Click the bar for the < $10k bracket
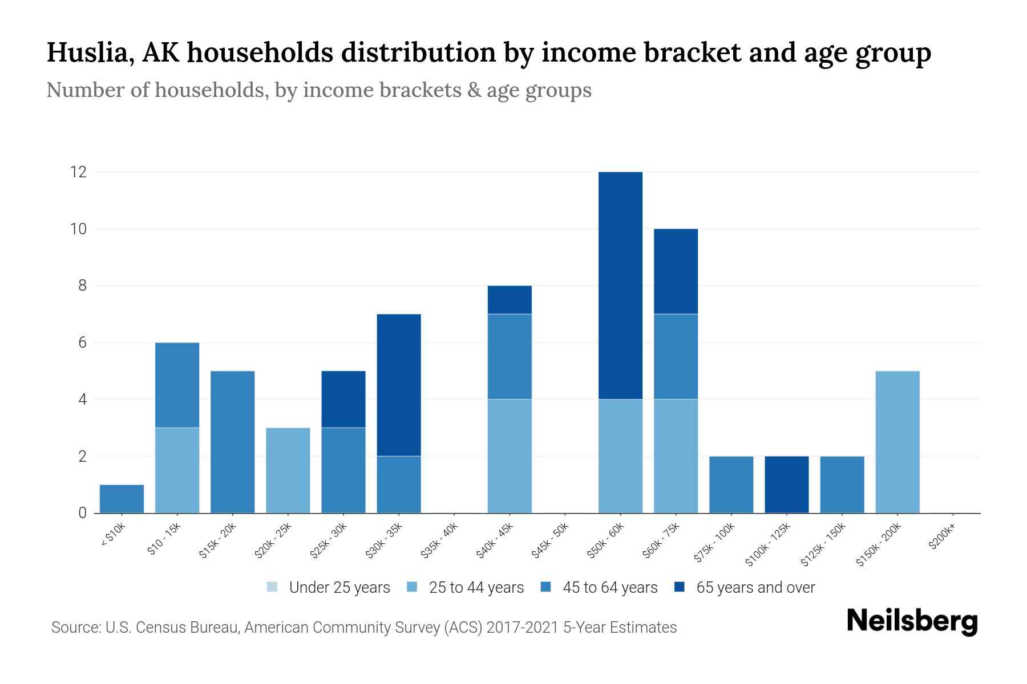tap(122, 499)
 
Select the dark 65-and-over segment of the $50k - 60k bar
tap(620, 285)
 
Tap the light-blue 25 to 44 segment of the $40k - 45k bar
tap(510, 456)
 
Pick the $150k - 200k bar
tap(897, 442)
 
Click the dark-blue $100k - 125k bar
tap(786, 484)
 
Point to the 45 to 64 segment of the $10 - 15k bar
tap(177, 385)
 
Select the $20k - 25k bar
tap(288, 470)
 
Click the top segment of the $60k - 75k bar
tap(676, 271)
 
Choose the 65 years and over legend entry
tap(745, 588)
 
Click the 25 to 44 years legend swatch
tap(412, 587)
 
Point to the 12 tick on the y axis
tap(78, 172)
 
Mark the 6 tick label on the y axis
tap(82, 343)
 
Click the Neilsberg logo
tap(912, 621)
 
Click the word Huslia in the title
tap(90, 53)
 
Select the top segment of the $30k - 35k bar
tap(399, 385)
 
